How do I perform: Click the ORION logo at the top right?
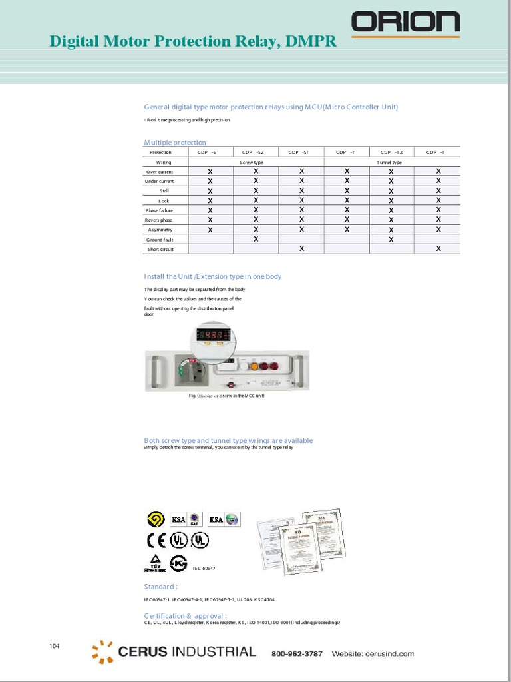(x=405, y=22)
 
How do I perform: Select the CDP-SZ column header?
(x=255, y=153)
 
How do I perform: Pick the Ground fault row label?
(x=160, y=240)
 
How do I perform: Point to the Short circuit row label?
(x=160, y=250)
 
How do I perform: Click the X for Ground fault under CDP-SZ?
(x=255, y=239)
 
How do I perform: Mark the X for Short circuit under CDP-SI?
(x=301, y=249)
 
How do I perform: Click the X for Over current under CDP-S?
(x=210, y=172)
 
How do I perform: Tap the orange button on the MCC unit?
(x=253, y=365)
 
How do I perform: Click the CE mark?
(x=156, y=539)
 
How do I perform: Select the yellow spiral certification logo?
(x=156, y=519)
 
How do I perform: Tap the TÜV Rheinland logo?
(x=155, y=563)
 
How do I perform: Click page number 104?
(x=55, y=646)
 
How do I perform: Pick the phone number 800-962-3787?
(x=297, y=653)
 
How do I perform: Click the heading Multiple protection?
(x=175, y=143)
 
